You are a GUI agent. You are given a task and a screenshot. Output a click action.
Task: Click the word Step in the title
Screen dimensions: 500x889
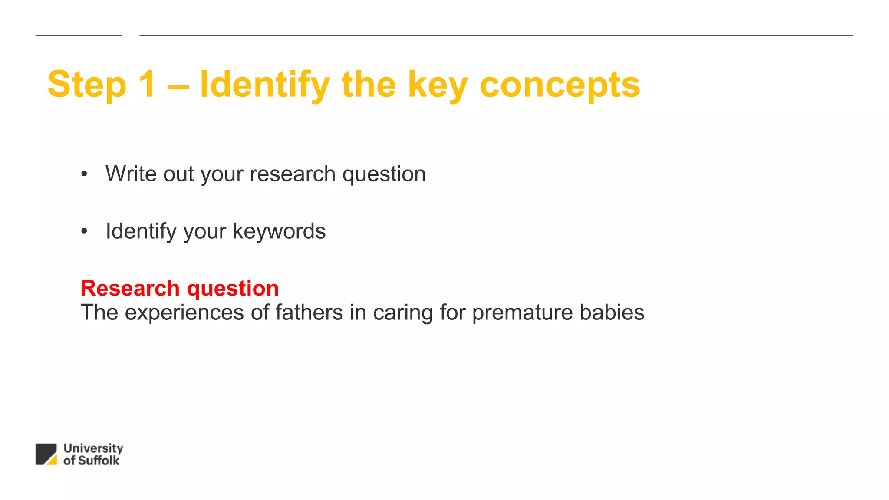(x=87, y=85)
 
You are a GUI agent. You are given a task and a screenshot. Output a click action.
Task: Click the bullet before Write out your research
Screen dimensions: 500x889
(x=84, y=174)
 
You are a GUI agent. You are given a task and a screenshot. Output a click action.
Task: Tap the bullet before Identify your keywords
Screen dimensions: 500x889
(x=84, y=231)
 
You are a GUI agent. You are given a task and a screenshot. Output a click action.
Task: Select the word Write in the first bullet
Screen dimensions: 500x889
(x=131, y=174)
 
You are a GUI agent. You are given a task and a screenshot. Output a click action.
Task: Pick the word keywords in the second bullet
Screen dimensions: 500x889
(x=279, y=231)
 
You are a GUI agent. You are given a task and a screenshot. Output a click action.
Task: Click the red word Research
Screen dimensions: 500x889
(x=130, y=288)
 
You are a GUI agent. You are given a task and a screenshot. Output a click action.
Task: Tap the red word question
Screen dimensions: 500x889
(x=233, y=289)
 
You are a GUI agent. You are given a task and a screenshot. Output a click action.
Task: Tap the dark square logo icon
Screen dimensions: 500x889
(x=46, y=454)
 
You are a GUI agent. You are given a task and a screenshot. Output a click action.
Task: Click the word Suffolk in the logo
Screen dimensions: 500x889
(x=98, y=461)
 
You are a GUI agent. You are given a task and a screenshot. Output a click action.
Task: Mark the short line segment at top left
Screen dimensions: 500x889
(x=79, y=36)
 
